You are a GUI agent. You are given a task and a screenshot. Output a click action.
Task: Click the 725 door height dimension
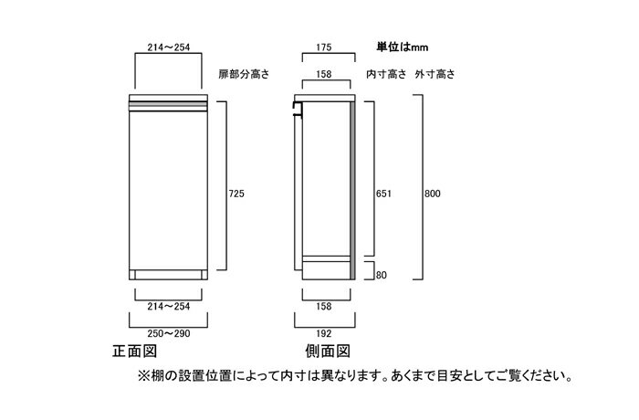coord(236,194)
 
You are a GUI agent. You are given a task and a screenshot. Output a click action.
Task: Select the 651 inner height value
coord(383,194)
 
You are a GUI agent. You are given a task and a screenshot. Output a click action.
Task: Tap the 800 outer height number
coord(433,194)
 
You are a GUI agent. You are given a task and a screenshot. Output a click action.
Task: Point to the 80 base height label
coord(381,275)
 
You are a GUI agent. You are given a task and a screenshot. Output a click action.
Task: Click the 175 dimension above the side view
coord(323,47)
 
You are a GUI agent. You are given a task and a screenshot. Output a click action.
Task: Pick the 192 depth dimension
coord(323,333)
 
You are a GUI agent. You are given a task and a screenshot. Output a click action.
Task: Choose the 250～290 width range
coord(169,333)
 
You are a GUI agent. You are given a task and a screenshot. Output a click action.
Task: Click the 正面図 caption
coord(134,351)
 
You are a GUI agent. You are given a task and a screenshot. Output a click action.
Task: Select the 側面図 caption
coord(328,351)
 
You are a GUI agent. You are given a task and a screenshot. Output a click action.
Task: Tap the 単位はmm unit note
coord(403,47)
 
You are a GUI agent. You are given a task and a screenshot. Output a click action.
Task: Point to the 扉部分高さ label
coord(244,74)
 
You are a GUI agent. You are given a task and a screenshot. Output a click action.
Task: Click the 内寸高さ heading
coord(386,74)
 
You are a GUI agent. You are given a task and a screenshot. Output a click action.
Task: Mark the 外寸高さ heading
coord(435,74)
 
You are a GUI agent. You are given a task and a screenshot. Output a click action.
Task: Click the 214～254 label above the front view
coord(169,47)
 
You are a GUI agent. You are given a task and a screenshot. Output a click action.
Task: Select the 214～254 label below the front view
coord(169,306)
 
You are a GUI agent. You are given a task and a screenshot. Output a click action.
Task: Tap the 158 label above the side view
coord(323,74)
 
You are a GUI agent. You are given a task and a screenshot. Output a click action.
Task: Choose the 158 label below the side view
coord(323,306)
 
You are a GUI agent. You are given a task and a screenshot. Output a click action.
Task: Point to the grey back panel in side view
coord(352,191)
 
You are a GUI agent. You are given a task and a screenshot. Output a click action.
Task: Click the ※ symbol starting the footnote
coord(144,375)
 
